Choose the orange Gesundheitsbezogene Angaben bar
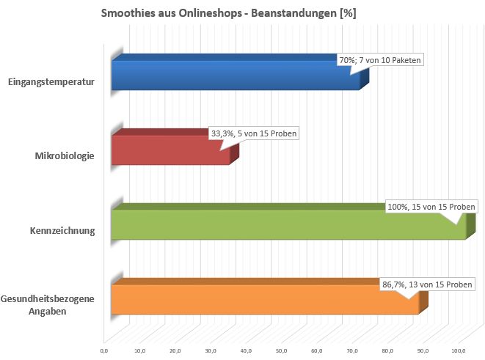pyautogui.click(x=264, y=300)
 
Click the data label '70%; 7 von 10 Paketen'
pyautogui.click(x=381, y=60)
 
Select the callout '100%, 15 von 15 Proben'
pyautogui.click(x=432, y=207)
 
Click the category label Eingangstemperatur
pyautogui.click(x=51, y=82)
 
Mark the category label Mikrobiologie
pyautogui.click(x=65, y=155)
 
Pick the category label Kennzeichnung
pyautogui.click(x=62, y=232)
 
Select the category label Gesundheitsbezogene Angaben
pyautogui.click(x=48, y=305)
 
